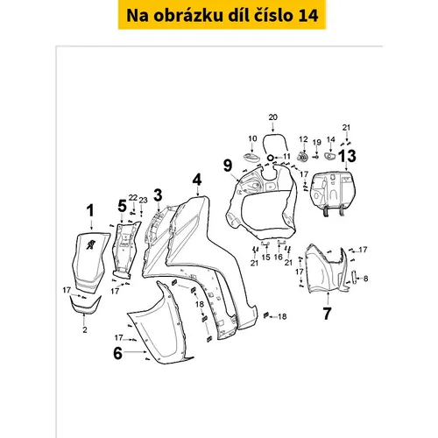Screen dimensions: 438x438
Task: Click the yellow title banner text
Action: click(x=222, y=15)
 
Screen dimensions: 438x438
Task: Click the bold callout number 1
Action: click(x=90, y=210)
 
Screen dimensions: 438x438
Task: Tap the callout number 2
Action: click(x=85, y=329)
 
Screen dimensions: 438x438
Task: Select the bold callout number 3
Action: click(x=158, y=195)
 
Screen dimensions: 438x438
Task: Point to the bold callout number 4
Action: click(x=197, y=180)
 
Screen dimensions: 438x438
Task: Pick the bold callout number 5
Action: click(x=123, y=206)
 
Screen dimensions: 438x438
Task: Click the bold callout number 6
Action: click(x=117, y=353)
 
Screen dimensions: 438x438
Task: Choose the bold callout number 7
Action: click(x=327, y=314)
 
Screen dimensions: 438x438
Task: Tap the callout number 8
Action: click(x=365, y=279)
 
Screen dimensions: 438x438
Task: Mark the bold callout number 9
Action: click(x=228, y=166)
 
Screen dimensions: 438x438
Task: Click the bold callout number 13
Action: click(x=347, y=156)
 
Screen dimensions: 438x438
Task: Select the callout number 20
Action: click(x=272, y=117)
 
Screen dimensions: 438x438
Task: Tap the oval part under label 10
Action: click(x=251, y=156)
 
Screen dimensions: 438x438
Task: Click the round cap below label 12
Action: click(x=303, y=157)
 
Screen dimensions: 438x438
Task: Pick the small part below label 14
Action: click(x=330, y=156)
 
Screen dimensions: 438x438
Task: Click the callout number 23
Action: click(x=143, y=201)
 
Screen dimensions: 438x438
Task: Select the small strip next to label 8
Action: click(x=354, y=278)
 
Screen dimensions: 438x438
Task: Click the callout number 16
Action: click(x=279, y=257)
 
